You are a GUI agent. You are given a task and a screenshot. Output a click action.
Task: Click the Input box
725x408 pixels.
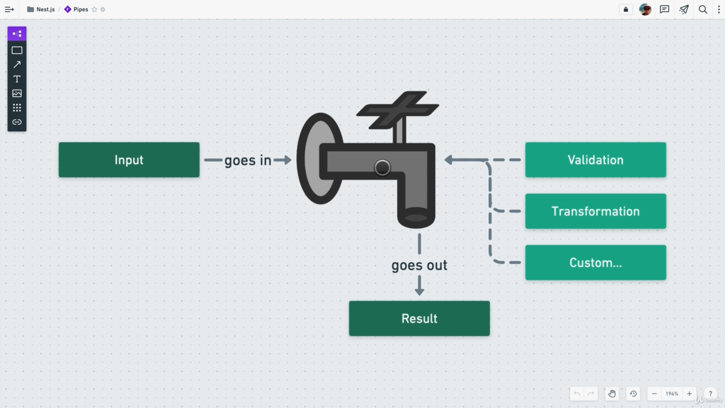129,160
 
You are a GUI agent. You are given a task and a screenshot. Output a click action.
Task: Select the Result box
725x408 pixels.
419,318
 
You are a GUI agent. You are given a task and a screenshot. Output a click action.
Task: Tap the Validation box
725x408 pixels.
595,160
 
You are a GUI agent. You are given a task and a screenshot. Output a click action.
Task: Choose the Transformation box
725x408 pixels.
595,211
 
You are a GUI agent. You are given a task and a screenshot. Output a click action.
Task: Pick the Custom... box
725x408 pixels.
595,262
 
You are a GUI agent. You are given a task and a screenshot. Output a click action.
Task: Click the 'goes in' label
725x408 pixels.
248,160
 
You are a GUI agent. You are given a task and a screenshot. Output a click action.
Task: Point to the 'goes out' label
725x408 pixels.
419,265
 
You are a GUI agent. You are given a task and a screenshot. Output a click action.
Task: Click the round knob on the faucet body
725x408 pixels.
382,168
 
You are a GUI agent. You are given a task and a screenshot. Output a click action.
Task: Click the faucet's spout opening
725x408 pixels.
416,218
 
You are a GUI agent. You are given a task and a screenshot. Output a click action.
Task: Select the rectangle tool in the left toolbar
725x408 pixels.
17,50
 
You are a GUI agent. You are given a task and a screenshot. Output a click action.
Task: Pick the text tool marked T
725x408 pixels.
17,79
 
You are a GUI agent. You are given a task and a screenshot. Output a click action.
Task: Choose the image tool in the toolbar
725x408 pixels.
17,93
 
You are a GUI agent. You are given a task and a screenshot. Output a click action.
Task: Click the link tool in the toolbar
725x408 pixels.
17,122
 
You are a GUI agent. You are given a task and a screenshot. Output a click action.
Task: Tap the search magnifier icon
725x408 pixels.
703,10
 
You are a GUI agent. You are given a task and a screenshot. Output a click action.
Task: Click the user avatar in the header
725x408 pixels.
645,10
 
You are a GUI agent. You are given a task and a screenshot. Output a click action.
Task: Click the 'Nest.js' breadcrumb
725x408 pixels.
45,10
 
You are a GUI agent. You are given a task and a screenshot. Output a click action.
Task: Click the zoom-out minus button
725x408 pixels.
654,394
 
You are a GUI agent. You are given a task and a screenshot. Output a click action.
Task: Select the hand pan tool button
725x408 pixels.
612,394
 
